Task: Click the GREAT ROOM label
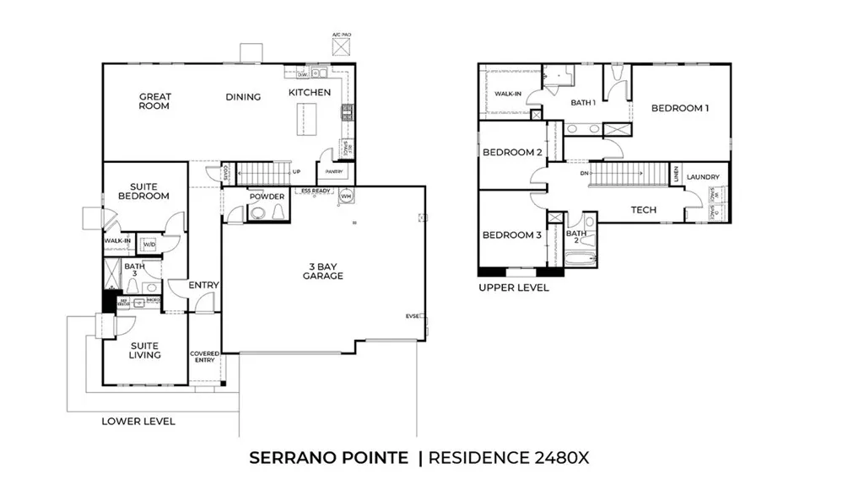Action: [x=154, y=101]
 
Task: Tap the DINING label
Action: [x=243, y=97]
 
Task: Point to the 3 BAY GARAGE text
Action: [x=324, y=272]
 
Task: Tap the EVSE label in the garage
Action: [x=413, y=316]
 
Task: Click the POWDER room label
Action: [x=267, y=197]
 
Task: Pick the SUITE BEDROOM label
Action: [x=149, y=191]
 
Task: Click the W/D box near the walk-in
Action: [x=149, y=245]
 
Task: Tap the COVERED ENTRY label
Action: [x=204, y=357]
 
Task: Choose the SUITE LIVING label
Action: [x=144, y=350]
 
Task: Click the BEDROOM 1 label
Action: [x=679, y=108]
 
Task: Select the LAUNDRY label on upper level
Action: [x=703, y=177]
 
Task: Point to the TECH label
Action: [x=644, y=210]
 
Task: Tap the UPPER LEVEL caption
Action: [x=513, y=288]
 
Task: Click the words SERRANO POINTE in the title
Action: [x=329, y=458]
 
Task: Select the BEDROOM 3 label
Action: [x=511, y=234]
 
